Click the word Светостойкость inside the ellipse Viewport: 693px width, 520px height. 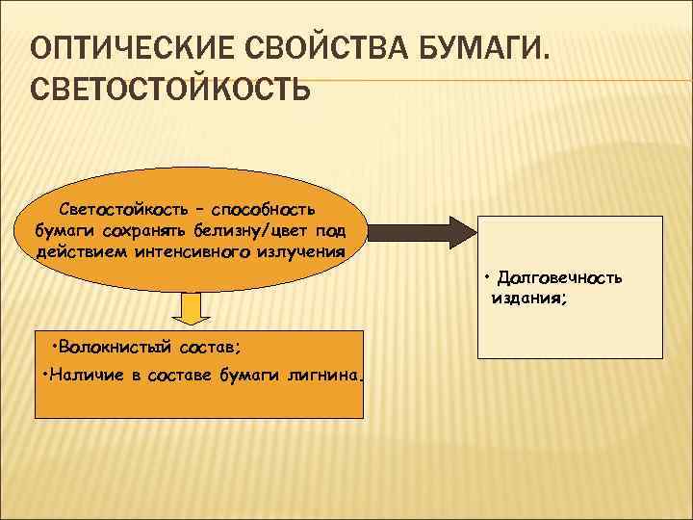click(x=117, y=209)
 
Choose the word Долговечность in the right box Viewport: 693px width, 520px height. click(x=560, y=278)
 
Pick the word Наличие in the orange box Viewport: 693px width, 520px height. click(x=85, y=374)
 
